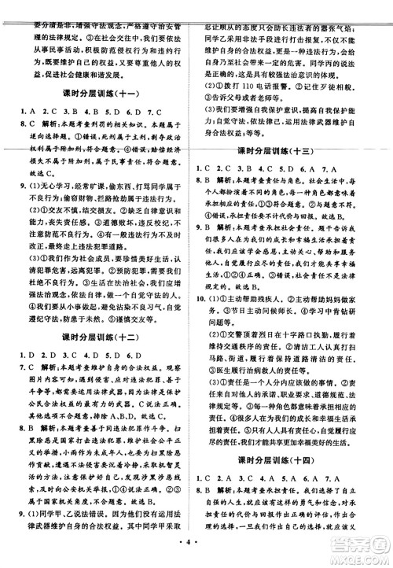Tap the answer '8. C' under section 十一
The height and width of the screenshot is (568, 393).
31,124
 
